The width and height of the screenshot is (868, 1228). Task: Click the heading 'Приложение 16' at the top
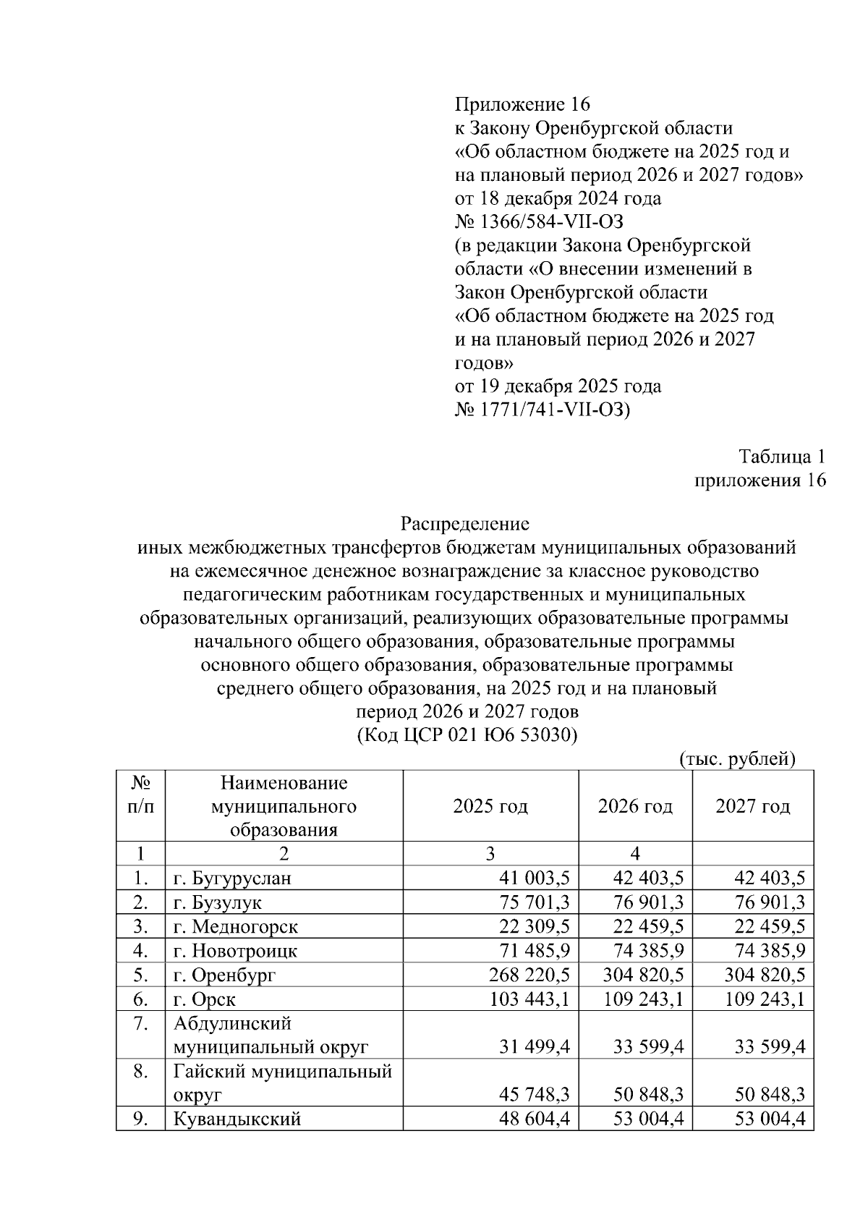[522, 104]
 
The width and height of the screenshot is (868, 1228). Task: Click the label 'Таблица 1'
[781, 457]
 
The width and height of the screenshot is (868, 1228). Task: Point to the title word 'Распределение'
[465, 523]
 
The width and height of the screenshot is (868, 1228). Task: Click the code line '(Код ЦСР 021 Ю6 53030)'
[467, 735]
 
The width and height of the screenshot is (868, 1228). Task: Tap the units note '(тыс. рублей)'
[737, 758]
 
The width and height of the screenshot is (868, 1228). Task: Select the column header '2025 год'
[490, 806]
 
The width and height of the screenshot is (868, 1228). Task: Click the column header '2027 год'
[752, 806]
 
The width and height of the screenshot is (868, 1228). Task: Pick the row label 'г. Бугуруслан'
[232, 879]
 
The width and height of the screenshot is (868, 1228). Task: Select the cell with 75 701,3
[535, 903]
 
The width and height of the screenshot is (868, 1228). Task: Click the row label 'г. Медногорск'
[235, 927]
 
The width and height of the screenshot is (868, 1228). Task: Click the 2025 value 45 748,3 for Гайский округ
[535, 1094]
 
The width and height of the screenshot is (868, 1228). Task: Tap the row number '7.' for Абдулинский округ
[140, 1024]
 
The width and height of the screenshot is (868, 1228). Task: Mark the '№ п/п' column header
[140, 795]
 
